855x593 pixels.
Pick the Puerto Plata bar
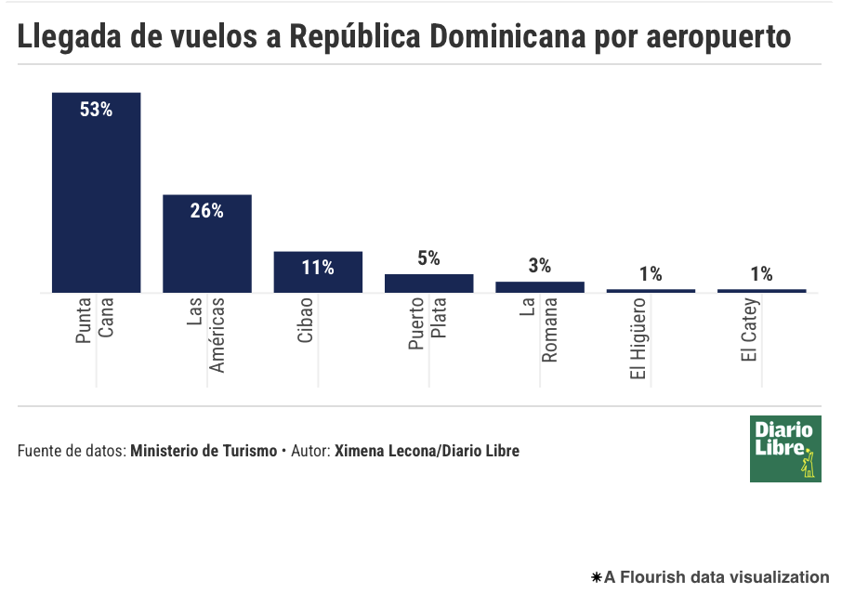point(428,283)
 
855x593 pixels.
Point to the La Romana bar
point(540,287)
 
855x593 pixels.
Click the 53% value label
point(96,110)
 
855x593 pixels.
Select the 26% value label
point(207,211)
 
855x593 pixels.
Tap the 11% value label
point(318,268)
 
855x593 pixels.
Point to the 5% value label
point(428,258)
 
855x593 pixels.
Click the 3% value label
point(540,266)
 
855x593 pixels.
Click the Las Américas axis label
point(206,336)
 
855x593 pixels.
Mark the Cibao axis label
point(306,321)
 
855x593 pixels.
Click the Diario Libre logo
point(785,449)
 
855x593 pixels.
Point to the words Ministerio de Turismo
point(204,452)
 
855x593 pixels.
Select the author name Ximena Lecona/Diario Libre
point(427,452)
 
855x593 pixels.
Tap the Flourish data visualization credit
point(710,577)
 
